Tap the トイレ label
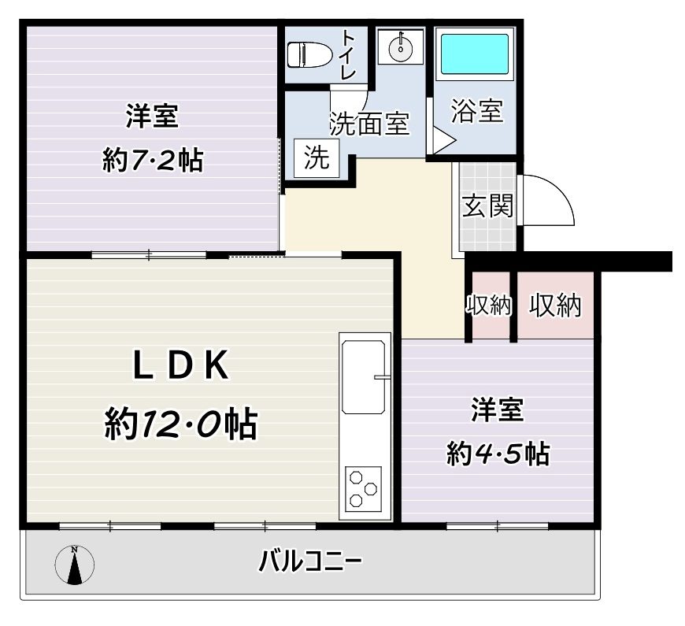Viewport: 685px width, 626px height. point(348,54)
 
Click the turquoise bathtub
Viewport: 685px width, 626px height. point(473,54)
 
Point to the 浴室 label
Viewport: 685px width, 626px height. point(477,112)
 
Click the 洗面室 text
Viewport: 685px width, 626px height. point(368,124)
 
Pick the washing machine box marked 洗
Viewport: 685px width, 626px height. point(317,158)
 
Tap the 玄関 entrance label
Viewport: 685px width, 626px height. point(487,206)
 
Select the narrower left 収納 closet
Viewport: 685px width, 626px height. point(490,306)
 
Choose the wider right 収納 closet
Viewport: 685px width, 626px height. point(554,306)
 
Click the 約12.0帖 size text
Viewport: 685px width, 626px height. point(180,426)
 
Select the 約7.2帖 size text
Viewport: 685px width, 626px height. point(152,161)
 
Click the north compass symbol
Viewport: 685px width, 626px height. point(76,565)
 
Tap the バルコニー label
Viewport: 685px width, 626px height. point(310,562)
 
